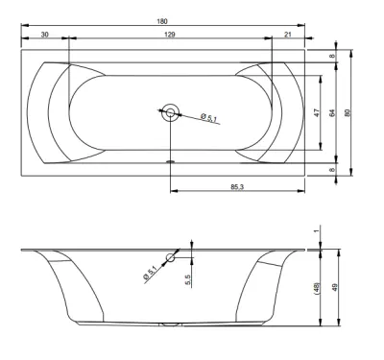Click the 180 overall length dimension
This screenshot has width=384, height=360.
point(162,21)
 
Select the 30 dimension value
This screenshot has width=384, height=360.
point(45,35)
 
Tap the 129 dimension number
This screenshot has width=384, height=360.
point(170,35)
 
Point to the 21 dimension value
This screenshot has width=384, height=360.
point(288,35)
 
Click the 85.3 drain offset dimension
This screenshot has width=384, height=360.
point(237,186)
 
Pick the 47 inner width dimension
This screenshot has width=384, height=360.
point(317,112)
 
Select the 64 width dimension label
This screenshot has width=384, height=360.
point(332,112)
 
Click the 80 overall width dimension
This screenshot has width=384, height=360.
point(348,112)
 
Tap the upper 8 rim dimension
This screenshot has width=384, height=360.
point(332,56)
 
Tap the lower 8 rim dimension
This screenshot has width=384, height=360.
point(332,170)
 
